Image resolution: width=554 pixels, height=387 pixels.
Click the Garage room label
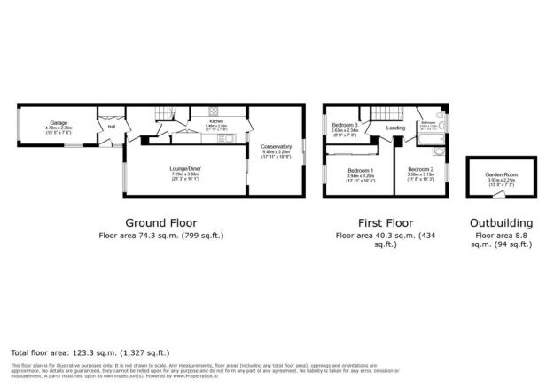click(59, 124)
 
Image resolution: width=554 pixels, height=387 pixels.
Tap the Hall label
click(112, 126)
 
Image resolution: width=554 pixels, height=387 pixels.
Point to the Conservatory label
click(277, 146)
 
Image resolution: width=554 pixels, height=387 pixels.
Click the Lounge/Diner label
click(184, 169)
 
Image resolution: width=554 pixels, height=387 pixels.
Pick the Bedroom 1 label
click(360, 170)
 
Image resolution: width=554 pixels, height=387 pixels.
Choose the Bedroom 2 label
click(420, 168)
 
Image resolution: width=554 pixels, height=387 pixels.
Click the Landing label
click(396, 128)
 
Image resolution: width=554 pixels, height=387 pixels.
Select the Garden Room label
click(501, 174)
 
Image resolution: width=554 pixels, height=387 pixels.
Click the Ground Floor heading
click(160, 222)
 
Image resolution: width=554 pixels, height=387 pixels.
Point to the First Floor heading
click(383, 222)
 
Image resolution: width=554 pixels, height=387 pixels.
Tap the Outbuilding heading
click(503, 222)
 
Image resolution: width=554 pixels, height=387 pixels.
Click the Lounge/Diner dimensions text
click(184, 175)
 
